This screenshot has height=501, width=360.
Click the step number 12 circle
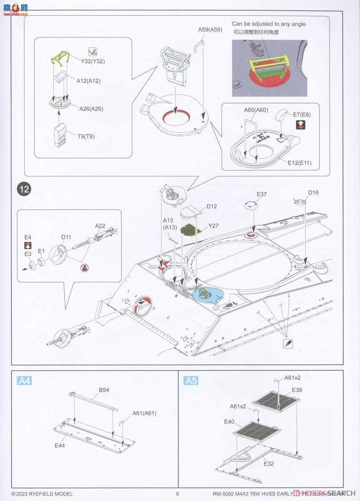pyautogui.click(x=24, y=189)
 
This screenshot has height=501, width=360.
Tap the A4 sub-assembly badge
pyautogui.click(x=25, y=380)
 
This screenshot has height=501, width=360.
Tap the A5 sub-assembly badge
pyautogui.click(x=191, y=380)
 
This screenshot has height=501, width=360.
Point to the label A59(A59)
pyautogui.click(x=210, y=30)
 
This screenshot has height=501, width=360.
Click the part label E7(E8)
pyautogui.click(x=301, y=114)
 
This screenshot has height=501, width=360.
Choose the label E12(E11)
pyautogui.click(x=299, y=163)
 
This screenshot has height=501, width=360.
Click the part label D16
pyautogui.click(x=313, y=192)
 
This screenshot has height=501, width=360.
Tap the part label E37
pyautogui.click(x=262, y=194)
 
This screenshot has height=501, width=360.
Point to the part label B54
pyautogui.click(x=104, y=390)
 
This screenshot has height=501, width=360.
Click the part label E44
pyautogui.click(x=59, y=445)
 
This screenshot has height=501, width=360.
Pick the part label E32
pyautogui.click(x=268, y=463)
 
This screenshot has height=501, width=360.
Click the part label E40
pyautogui.click(x=229, y=422)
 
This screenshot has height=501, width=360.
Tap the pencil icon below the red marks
pyautogui.click(x=288, y=343)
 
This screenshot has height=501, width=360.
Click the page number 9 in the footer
pyautogui.click(x=177, y=493)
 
